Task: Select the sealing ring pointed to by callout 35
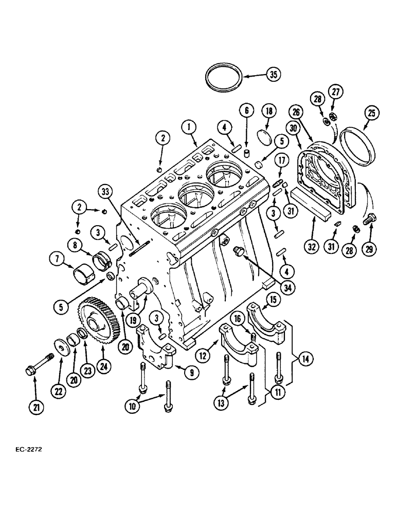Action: pos(224,78)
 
